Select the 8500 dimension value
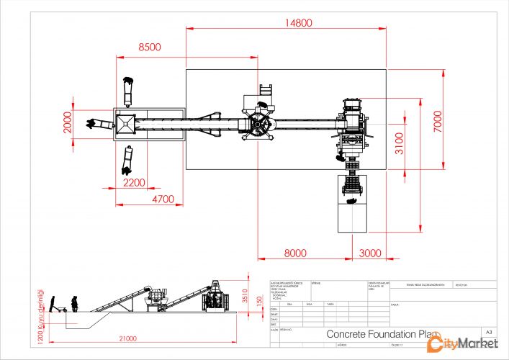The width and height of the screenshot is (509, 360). click(150, 47)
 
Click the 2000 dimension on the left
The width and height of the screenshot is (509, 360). click(67, 123)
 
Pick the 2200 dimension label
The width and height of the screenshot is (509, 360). click(134, 183)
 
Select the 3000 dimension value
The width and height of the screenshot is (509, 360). click(371, 253)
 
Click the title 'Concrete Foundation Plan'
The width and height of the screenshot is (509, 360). click(382, 334)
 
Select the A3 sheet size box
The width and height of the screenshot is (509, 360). click(489, 332)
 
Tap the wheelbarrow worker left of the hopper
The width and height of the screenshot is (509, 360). click(99, 124)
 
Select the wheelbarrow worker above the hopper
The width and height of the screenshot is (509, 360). click(128, 88)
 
